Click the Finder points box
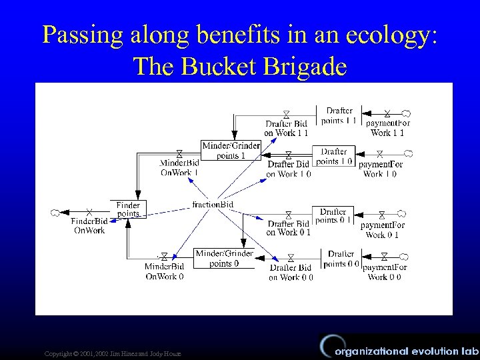click(x=127, y=209)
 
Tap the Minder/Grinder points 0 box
click(x=224, y=258)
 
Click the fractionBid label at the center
click(x=212, y=204)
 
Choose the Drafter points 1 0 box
click(x=334, y=156)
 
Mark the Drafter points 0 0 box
click(x=341, y=258)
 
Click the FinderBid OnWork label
click(x=89, y=225)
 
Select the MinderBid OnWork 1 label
click(x=179, y=167)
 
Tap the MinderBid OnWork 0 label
click(x=164, y=271)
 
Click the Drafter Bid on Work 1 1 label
click(x=286, y=128)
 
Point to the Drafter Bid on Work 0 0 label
click(x=291, y=272)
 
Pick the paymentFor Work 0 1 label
click(x=382, y=230)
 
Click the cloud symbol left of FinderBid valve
click(x=55, y=213)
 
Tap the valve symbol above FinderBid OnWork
click(x=89, y=212)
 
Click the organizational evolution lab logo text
click(x=407, y=351)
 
